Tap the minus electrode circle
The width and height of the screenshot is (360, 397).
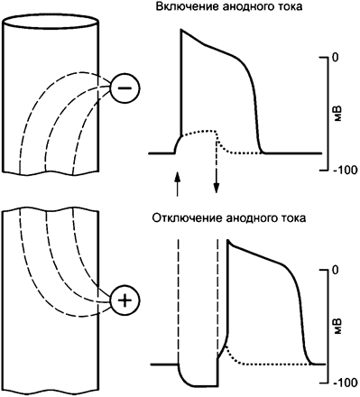(x=126, y=88)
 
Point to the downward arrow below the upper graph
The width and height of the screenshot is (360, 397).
(x=217, y=180)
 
